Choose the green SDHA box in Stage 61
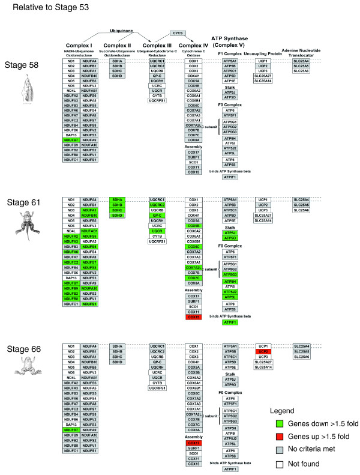point(117,199)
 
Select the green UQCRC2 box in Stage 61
point(157,205)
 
